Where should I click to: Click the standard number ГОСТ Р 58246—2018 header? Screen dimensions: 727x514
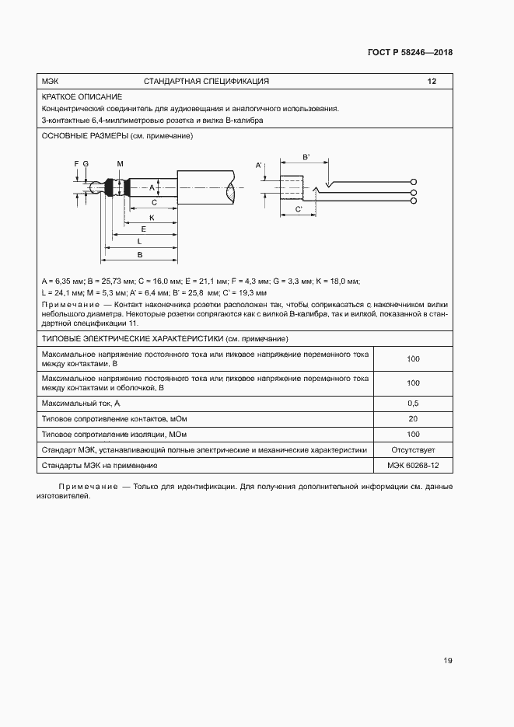(409, 53)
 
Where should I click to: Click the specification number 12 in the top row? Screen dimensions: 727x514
(432, 81)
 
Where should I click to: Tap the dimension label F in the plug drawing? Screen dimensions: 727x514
(76, 163)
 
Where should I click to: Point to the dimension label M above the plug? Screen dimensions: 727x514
(121, 163)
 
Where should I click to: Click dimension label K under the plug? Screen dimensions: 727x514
(152, 218)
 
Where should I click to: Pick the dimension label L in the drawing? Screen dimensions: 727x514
(139, 242)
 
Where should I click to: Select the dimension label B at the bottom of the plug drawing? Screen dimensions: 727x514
(139, 254)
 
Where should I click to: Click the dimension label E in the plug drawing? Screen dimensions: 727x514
(144, 229)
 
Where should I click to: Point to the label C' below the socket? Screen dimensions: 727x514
(299, 210)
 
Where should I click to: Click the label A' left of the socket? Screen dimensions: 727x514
(259, 166)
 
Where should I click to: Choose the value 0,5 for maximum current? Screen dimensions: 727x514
(413, 404)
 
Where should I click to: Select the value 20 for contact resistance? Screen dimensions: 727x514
(413, 419)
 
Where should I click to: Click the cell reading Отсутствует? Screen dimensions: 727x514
(413, 449)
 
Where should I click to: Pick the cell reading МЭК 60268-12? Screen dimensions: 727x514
(413, 465)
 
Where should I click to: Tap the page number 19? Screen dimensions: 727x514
(447, 661)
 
